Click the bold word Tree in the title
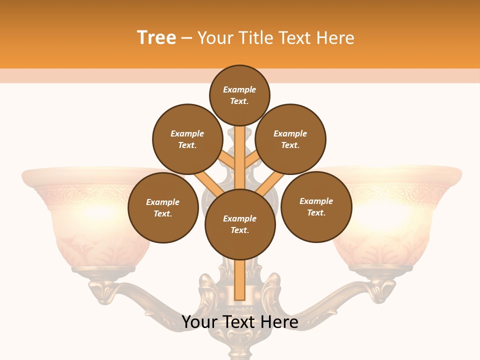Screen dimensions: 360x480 point(156,38)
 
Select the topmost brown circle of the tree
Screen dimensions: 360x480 point(239,95)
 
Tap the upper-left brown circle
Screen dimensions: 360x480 point(187,139)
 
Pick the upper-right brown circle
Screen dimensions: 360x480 point(290,139)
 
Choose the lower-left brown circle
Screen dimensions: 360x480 point(163,207)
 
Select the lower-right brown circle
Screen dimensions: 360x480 point(316,206)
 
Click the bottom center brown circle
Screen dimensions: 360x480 point(240,224)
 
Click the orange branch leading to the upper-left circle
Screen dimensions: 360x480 point(227,161)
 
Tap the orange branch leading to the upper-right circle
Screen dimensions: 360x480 point(252,161)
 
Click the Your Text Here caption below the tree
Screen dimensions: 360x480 point(239,322)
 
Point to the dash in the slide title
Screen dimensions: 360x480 point(186,38)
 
